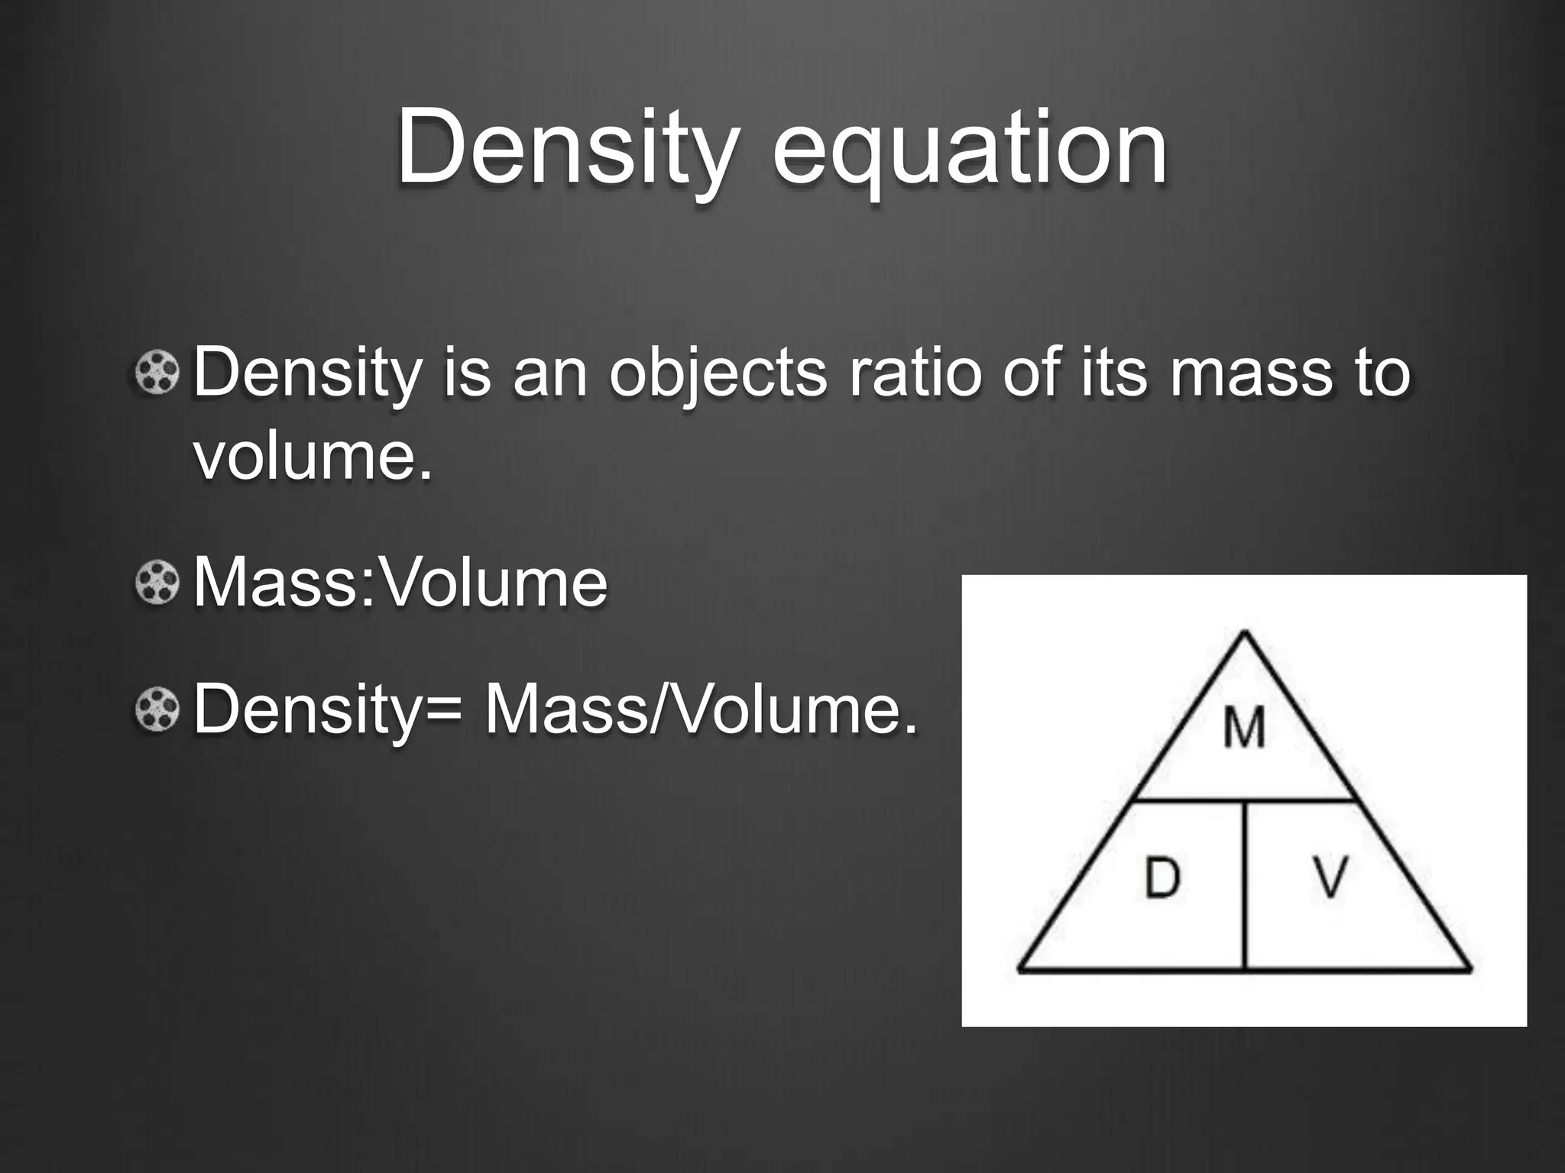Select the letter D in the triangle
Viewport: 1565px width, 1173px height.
[x=1162, y=877]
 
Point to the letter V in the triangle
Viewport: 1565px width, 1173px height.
[x=1330, y=877]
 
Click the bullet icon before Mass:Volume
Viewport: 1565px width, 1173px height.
[x=157, y=583]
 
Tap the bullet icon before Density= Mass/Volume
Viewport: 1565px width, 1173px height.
[x=157, y=709]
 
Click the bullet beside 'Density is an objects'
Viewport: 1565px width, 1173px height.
[x=157, y=373]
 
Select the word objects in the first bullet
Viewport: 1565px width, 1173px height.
[x=718, y=374]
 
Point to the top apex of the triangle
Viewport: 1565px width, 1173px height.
[x=1245, y=633]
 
